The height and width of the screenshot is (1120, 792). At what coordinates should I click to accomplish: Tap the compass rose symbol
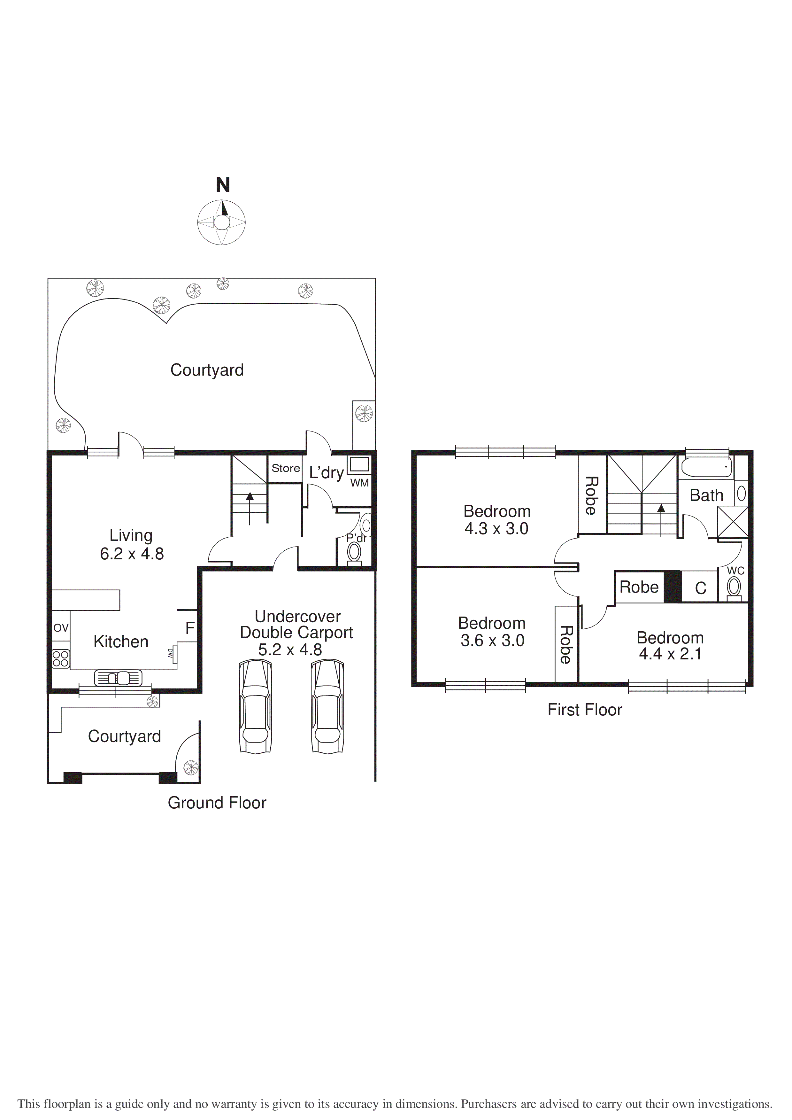221,222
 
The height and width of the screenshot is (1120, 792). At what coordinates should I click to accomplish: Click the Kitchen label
121,642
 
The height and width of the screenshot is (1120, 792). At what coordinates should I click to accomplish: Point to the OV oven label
61,628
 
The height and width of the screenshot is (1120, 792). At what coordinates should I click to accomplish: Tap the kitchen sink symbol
118,678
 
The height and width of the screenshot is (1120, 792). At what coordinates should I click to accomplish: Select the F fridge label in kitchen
190,628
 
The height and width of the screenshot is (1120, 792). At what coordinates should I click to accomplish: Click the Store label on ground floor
286,468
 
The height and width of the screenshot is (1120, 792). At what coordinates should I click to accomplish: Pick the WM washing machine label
359,483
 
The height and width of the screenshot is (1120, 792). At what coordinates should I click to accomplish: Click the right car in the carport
328,707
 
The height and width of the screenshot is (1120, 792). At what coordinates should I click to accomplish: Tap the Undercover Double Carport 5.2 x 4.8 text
296,633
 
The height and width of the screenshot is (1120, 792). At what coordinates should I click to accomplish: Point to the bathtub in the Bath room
706,467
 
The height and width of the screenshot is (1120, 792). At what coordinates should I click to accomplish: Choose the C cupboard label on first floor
700,588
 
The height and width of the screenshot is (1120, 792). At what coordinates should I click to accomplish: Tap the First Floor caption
585,710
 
